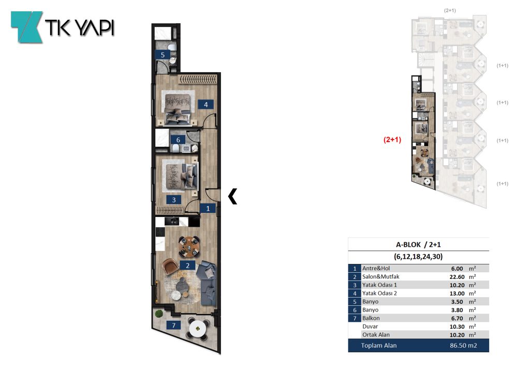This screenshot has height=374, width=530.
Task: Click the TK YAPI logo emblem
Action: coord(27,27)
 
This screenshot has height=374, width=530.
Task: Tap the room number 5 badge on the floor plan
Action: coord(163,55)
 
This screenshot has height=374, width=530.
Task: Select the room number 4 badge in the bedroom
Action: coord(205,104)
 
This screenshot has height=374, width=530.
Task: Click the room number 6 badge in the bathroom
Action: coord(178,139)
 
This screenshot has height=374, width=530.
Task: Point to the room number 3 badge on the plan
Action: coord(174,199)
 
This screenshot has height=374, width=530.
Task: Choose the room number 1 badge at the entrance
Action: coord(208,208)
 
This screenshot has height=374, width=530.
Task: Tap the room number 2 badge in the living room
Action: coord(187,266)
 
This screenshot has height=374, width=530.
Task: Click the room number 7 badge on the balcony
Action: coord(174,325)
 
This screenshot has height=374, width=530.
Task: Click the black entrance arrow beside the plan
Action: coord(232,196)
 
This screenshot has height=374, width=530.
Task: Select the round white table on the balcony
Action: coord(197,329)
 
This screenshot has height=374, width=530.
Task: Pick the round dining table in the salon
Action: coord(189,246)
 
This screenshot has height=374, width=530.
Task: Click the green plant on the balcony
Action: coord(159,314)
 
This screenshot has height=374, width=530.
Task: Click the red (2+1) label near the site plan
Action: coord(392,139)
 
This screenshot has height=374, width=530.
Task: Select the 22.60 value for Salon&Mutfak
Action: coord(457,276)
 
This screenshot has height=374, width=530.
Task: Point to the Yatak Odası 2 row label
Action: coord(379,293)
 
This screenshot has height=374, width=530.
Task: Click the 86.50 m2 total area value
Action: coord(463,346)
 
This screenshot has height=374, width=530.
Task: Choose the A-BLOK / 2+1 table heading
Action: coord(418,244)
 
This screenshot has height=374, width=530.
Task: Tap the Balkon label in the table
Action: coord(371,318)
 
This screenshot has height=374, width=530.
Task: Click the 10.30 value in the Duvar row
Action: coord(457,326)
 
